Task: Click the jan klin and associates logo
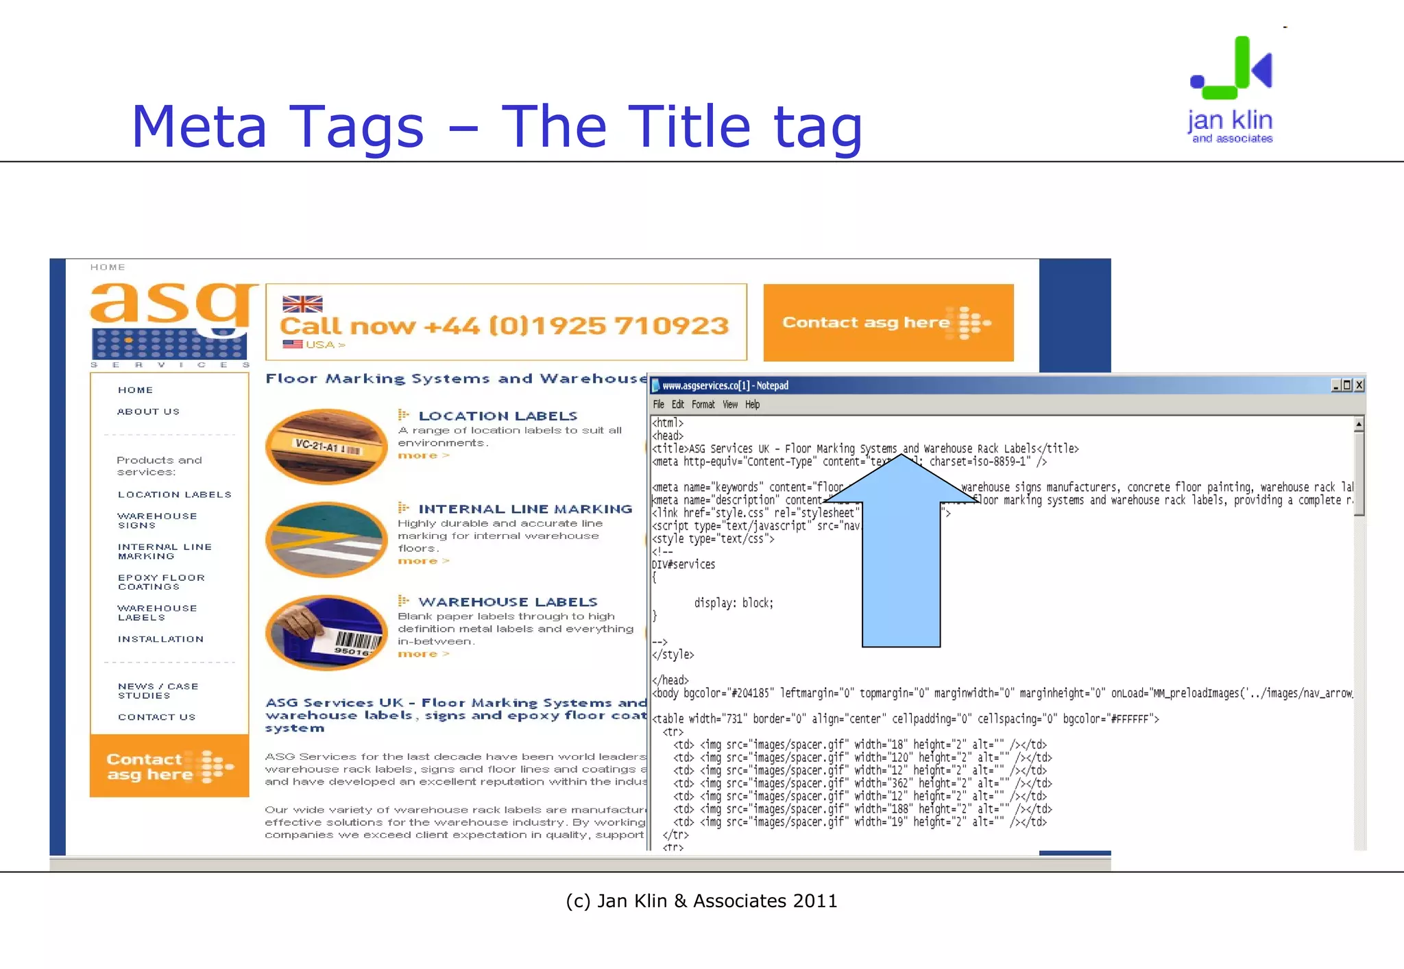[1231, 89]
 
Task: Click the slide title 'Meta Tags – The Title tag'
[496, 127]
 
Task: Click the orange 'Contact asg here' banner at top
[888, 322]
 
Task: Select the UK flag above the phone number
[302, 304]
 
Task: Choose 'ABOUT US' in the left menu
[148, 411]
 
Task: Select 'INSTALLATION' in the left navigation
[160, 639]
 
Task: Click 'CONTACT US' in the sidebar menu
[156, 717]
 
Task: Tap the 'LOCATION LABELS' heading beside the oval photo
[498, 416]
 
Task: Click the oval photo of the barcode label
[326, 632]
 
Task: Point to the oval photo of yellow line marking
[326, 539]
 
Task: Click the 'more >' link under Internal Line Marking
[423, 561]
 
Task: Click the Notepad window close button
[1359, 385]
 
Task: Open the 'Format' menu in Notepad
[703, 405]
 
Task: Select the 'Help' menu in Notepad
[752, 405]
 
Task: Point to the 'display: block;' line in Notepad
[734, 603]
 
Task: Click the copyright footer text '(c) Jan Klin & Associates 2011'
[701, 901]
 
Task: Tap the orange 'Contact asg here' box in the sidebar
[169, 766]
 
